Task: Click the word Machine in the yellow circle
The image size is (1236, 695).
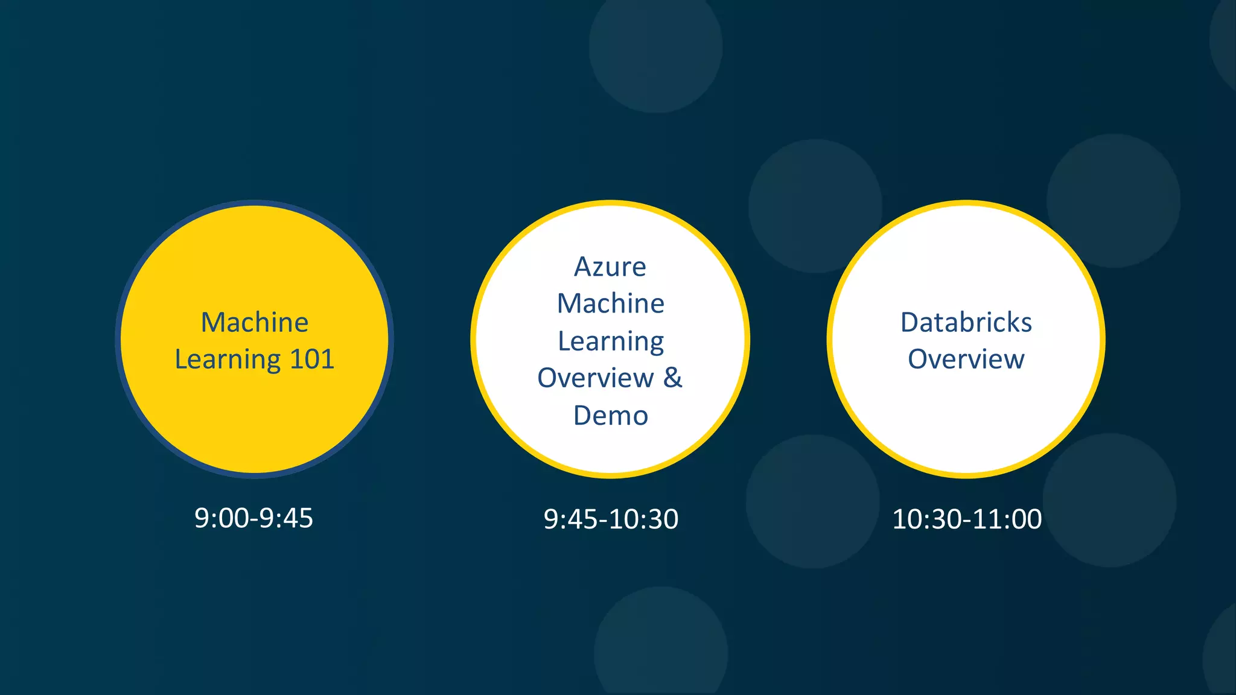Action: (255, 322)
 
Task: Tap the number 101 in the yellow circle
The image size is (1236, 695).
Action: (312, 360)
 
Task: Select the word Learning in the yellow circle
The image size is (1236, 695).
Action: (228, 360)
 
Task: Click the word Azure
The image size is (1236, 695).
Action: (610, 267)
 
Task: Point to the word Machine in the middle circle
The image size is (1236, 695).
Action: (610, 303)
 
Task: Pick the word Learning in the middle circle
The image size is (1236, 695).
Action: (610, 341)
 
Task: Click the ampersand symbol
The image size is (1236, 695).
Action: (673, 378)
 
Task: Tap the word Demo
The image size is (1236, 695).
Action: (610, 416)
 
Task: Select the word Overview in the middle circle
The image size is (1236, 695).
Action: (596, 378)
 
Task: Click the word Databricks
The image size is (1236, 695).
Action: (966, 322)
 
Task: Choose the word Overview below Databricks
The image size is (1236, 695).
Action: (966, 360)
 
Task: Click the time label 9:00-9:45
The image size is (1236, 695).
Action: (253, 518)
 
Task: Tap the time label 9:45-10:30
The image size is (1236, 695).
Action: (611, 519)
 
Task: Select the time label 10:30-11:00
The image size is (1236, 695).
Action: (967, 519)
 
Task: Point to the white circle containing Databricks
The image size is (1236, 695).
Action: (966, 422)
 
